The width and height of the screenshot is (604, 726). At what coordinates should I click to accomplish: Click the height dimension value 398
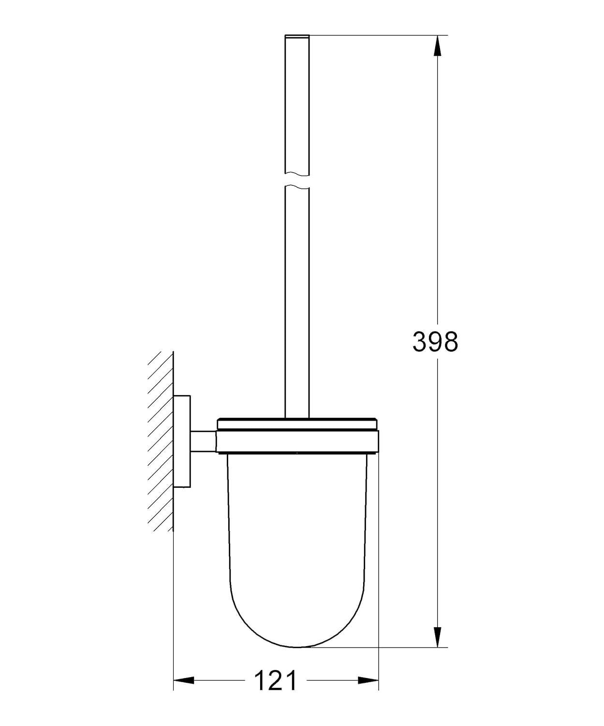[435, 342]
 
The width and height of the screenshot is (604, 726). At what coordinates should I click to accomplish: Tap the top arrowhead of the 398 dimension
[437, 45]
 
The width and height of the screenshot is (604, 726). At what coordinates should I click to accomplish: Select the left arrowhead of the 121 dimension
[184, 681]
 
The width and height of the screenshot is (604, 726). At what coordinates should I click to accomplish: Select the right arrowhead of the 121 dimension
[368, 681]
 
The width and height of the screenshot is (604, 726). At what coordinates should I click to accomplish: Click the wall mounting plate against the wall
[182, 441]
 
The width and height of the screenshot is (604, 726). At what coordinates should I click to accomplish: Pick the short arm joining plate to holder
[203, 441]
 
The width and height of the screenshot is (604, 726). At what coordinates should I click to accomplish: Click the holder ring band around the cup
[297, 442]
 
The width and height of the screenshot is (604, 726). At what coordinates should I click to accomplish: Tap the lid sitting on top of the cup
[297, 424]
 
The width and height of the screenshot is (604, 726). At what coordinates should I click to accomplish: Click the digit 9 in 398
[435, 342]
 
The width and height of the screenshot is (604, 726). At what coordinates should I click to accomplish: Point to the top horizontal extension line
[377, 35]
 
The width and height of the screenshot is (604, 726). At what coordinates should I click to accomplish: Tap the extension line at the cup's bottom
[377, 647]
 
